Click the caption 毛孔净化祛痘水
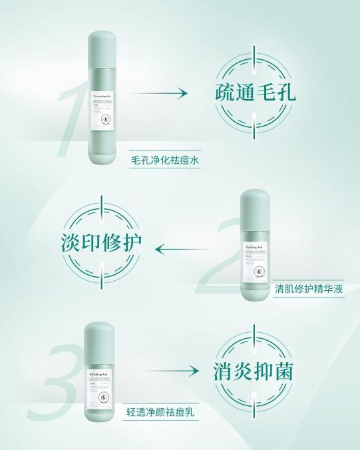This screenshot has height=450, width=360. (x=165, y=160)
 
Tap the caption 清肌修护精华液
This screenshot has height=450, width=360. (x=309, y=290)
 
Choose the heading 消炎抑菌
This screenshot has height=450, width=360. (x=254, y=371)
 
